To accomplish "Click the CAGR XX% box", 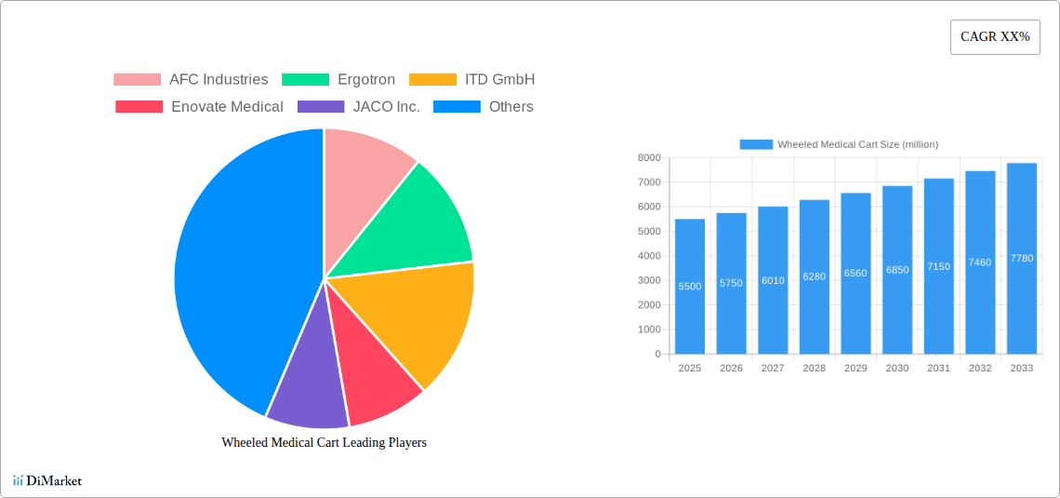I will click(x=995, y=37).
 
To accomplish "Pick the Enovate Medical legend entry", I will click(x=199, y=107).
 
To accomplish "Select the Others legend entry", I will click(x=483, y=107).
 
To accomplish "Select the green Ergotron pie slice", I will click(x=409, y=219).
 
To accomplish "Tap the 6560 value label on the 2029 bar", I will click(x=855, y=274).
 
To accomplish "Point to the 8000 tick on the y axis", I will click(x=648, y=158).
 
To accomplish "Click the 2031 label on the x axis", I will click(x=938, y=369).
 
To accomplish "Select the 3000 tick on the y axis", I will click(x=648, y=280).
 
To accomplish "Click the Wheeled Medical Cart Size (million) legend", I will click(x=839, y=144).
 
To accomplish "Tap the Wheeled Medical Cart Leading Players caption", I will click(x=324, y=443).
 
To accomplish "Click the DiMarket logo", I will click(x=48, y=481).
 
